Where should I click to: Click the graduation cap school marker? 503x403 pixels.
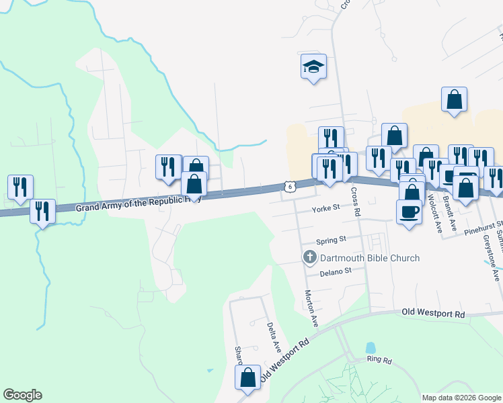[x=313, y=66]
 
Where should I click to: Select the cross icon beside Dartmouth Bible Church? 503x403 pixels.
[x=309, y=257]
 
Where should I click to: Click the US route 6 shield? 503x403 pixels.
[x=288, y=185]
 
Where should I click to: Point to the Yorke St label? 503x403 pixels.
[x=327, y=209]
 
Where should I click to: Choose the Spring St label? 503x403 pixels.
[x=332, y=239]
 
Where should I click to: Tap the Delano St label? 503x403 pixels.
[x=336, y=271]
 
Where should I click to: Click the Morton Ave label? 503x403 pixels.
[x=310, y=308]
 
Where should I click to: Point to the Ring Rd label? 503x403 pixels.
[x=379, y=360]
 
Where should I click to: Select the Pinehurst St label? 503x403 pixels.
[x=483, y=224]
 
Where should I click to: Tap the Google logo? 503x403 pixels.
[x=22, y=395]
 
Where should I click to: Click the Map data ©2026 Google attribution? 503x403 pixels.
[x=461, y=398]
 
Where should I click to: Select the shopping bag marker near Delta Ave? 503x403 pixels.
[x=247, y=377]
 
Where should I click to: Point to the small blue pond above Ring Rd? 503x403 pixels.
[x=370, y=348]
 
